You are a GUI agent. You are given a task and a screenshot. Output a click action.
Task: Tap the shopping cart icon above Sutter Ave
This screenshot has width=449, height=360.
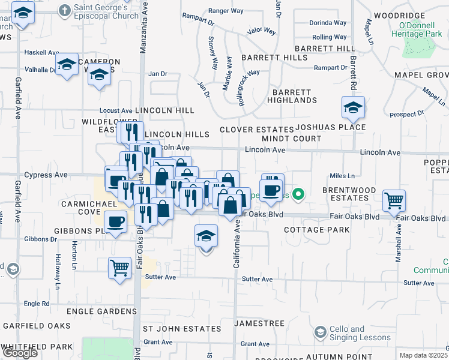point(119,268)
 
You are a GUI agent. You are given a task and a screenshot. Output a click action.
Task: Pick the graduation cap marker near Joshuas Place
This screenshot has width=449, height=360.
point(354,108)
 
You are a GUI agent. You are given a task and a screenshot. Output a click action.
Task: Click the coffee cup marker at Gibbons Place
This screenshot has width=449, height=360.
point(115,221)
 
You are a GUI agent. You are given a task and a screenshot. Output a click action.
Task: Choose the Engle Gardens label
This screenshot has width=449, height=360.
point(101,311)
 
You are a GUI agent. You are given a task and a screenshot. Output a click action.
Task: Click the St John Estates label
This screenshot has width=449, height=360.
point(181,329)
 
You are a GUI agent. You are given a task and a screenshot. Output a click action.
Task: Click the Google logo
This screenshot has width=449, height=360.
point(19,353)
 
